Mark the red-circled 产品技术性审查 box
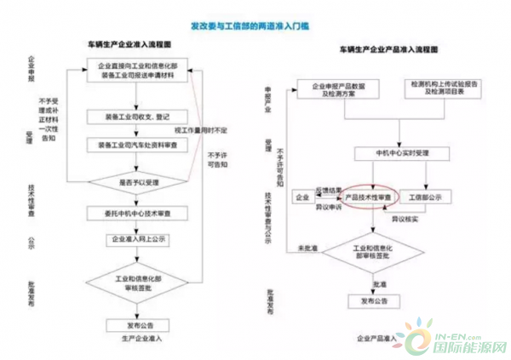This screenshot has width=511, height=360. [367, 196]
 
